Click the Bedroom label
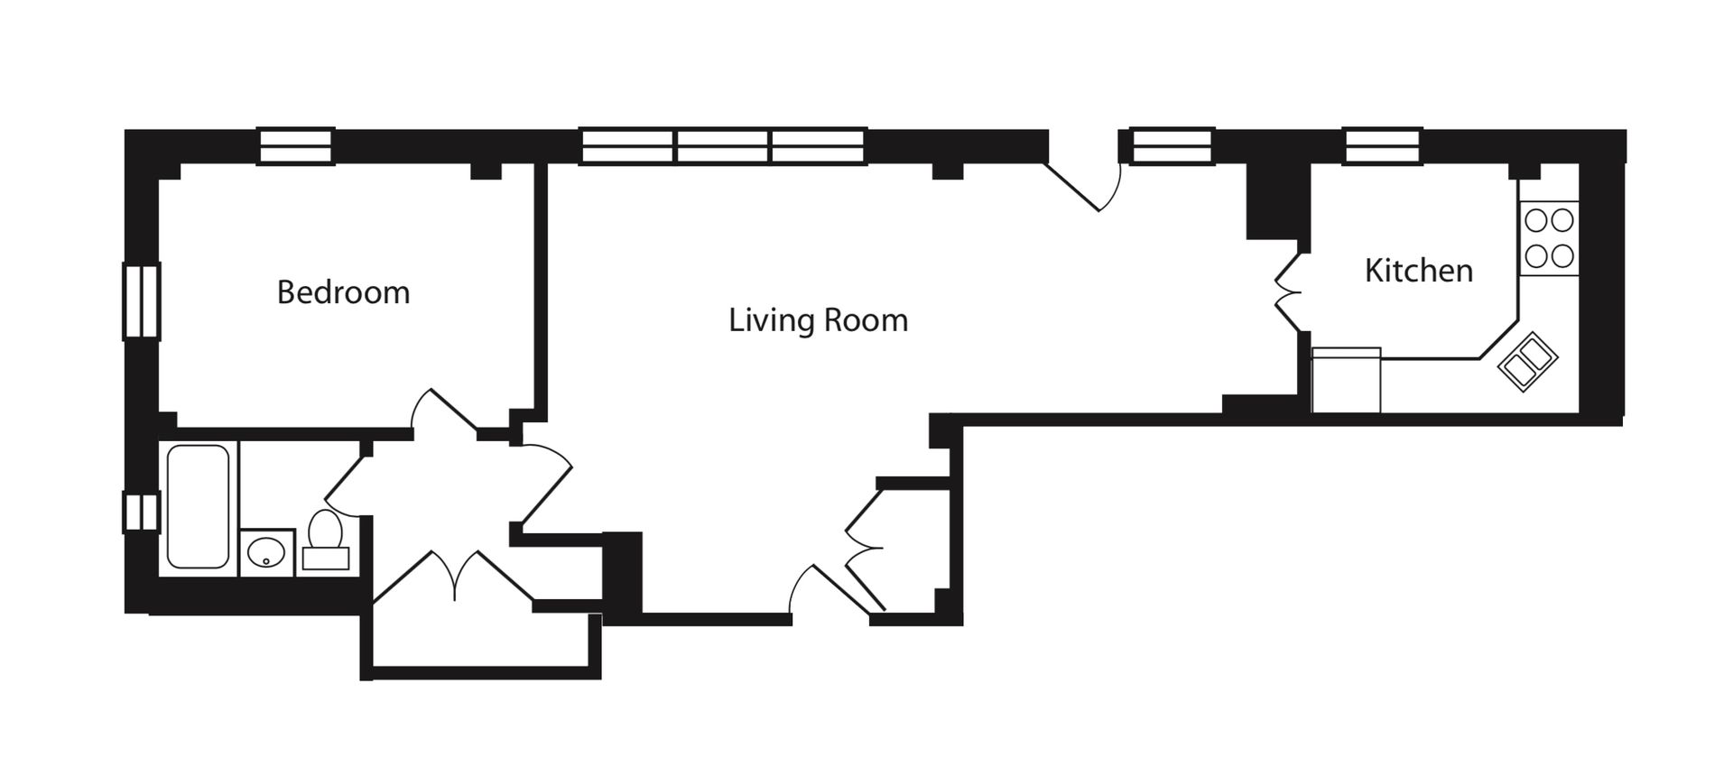343,292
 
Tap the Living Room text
818,320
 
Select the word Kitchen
1418,271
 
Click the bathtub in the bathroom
198,506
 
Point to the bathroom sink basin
266,552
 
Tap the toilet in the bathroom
325,540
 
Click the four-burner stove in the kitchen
1549,238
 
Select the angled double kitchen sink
1527,361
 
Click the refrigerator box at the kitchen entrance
1346,380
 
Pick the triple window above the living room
723,146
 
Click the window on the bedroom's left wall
141,300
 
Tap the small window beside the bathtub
141,511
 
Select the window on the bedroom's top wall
297,146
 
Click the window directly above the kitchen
1383,146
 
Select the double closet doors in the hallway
456,576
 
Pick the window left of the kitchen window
1172,146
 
